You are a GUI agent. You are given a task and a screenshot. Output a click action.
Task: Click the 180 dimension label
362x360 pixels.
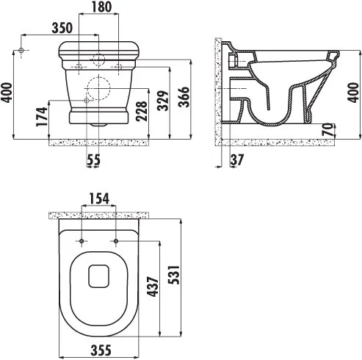[101, 7]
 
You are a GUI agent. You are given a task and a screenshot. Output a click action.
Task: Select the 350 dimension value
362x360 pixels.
[62, 28]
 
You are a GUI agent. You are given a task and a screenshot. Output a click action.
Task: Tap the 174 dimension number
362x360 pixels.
[42, 117]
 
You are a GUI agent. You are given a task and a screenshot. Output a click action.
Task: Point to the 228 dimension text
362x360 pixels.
[142, 111]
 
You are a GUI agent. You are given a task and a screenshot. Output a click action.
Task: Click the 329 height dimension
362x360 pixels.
[163, 101]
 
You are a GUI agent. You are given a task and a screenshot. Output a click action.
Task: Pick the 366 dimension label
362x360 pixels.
[184, 97]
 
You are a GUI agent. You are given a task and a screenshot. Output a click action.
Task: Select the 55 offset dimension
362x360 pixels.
[94, 159]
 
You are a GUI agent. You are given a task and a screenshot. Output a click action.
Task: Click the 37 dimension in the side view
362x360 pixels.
[237, 160]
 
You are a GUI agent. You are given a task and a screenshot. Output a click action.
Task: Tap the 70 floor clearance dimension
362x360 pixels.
[328, 129]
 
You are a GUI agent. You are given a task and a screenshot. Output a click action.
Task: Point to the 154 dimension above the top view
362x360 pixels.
[99, 199]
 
